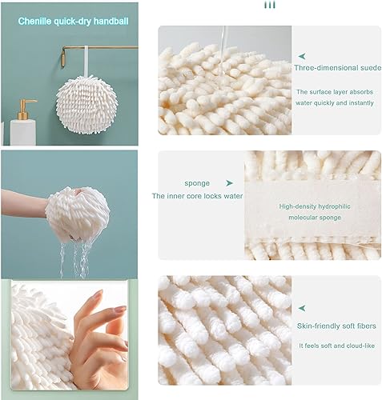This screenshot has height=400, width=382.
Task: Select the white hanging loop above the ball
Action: point(82,63)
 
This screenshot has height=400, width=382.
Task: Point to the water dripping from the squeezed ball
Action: point(77,258)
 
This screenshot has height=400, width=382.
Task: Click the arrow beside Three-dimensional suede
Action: point(302,56)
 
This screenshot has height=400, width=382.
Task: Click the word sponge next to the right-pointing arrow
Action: point(197,182)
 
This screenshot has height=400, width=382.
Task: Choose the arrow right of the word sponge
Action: point(229,182)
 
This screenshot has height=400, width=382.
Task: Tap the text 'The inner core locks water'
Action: point(197,196)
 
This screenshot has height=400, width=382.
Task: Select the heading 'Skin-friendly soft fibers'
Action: point(336,320)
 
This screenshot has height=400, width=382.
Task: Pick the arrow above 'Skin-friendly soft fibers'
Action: point(302,306)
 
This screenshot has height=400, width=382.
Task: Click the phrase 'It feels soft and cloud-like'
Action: point(336,345)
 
